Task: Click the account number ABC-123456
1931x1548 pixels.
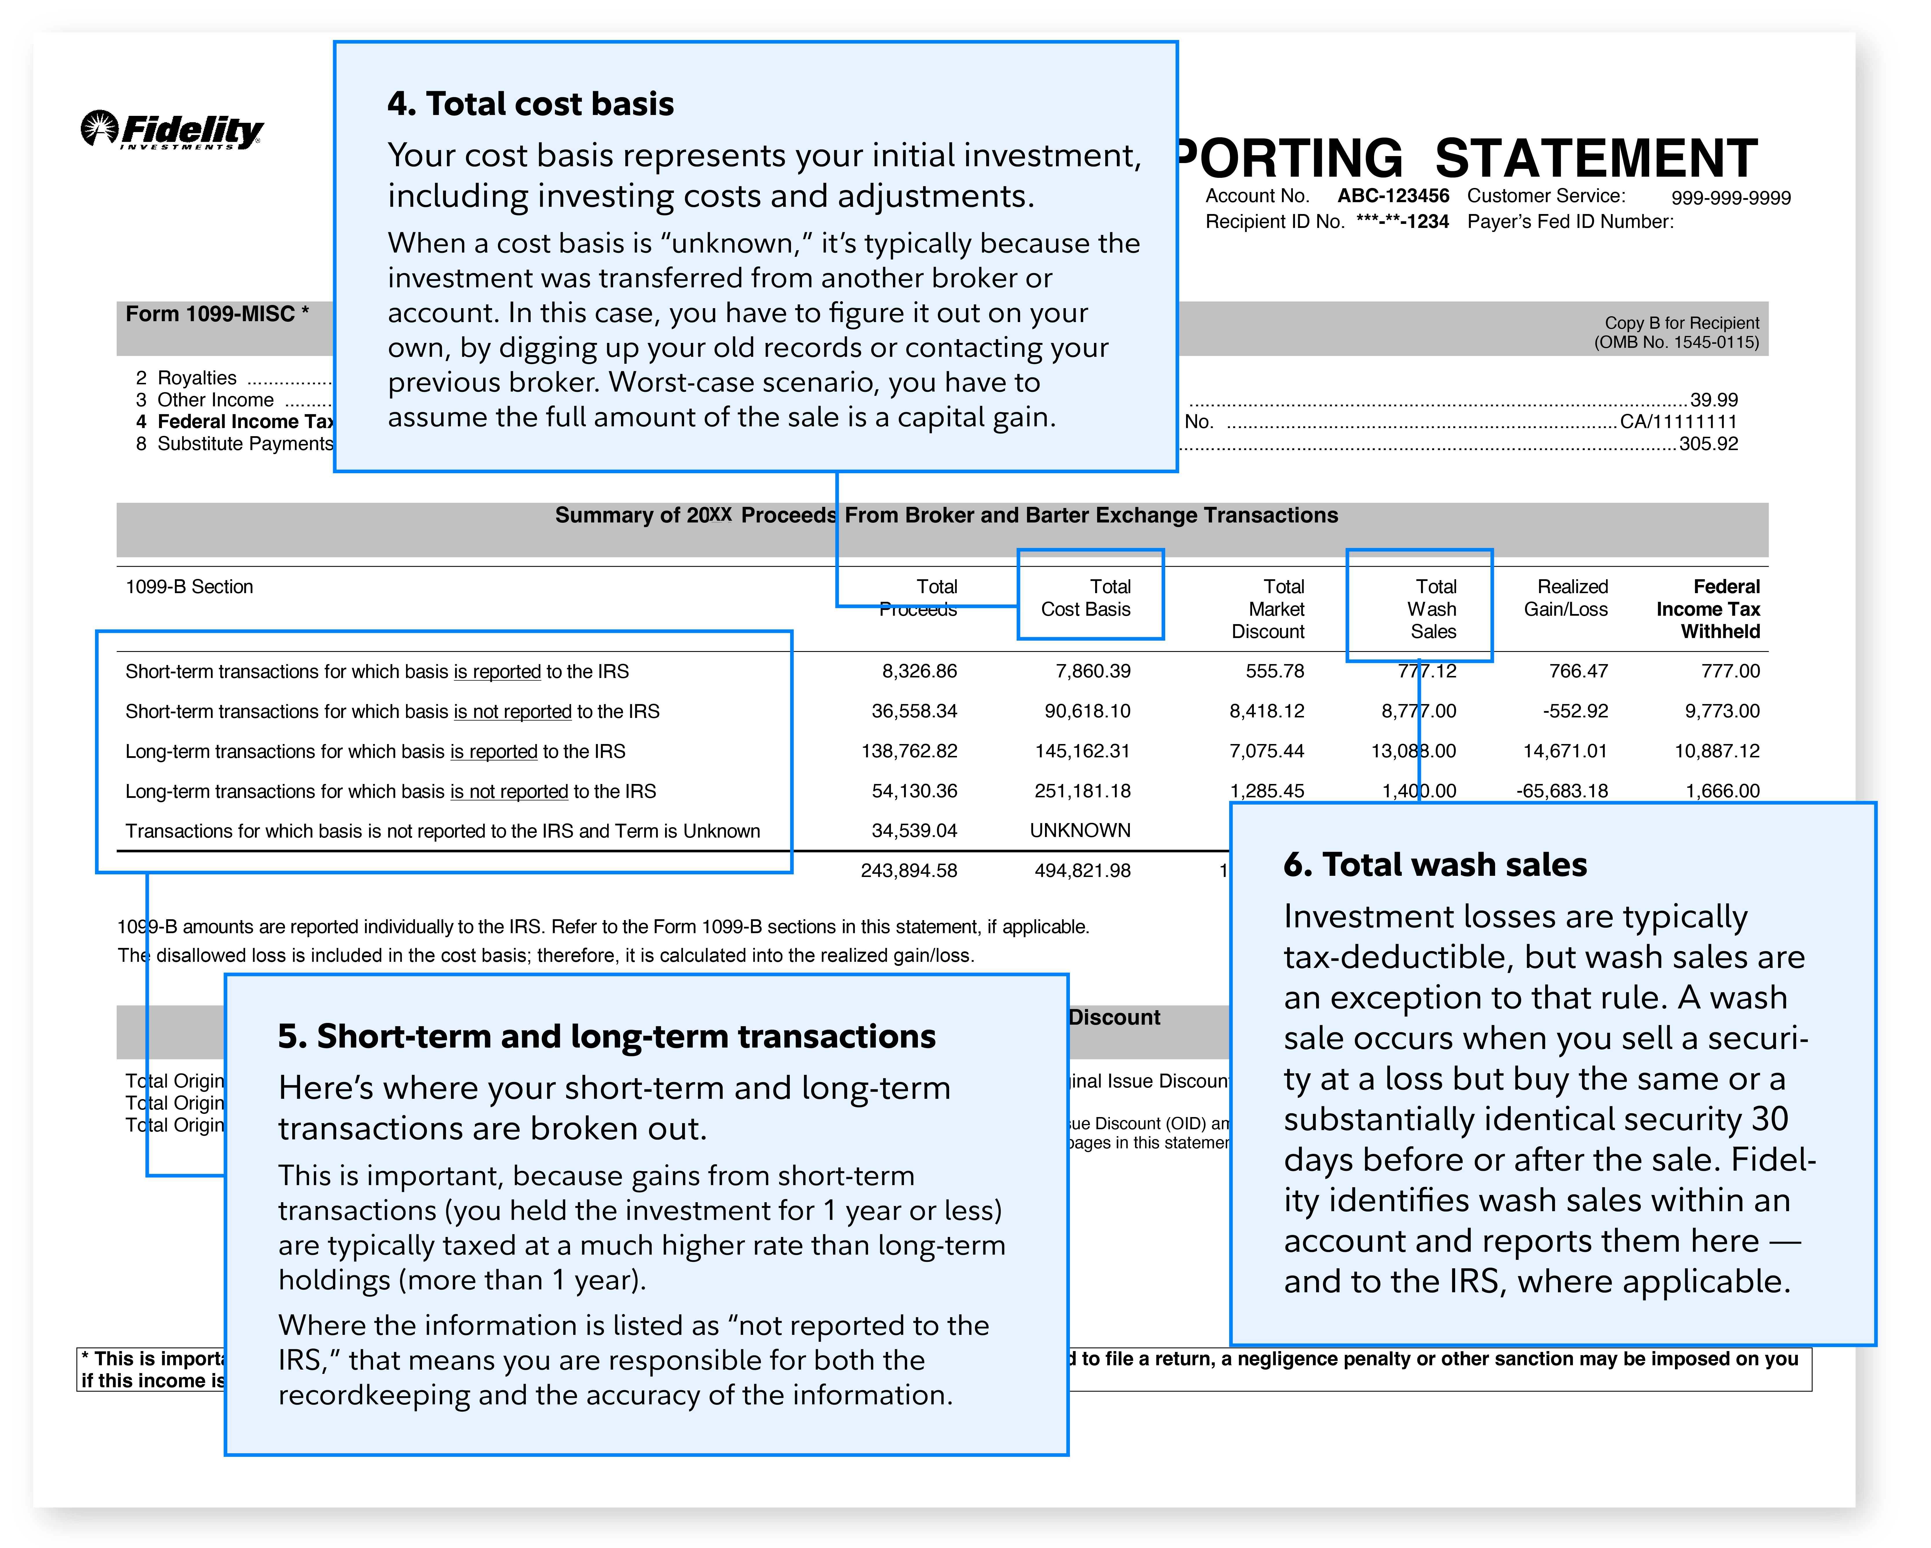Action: (1393, 196)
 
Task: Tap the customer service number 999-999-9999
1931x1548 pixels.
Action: (1730, 198)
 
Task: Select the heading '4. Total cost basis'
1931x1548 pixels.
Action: (530, 104)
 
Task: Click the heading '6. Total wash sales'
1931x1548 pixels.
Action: (1435, 865)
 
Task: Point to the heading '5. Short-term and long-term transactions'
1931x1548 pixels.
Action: (606, 1037)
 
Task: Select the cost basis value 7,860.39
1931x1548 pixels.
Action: (1093, 671)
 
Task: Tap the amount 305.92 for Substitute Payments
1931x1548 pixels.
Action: (1708, 443)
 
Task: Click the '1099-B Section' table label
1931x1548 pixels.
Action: (189, 587)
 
